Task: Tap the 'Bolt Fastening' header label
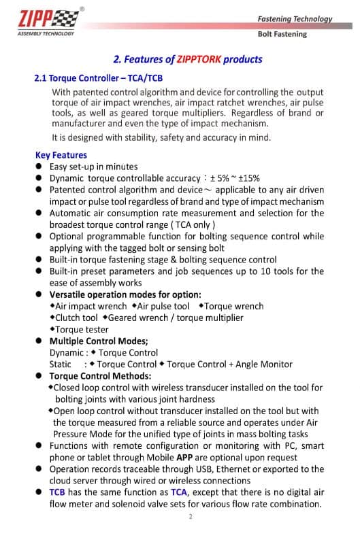[x=282, y=34]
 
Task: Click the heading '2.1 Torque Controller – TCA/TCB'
[x=98, y=78]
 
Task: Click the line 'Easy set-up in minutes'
[x=93, y=167]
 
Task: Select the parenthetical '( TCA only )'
[x=193, y=224]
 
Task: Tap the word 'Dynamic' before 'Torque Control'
[x=65, y=353]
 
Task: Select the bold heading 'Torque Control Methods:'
[x=100, y=376]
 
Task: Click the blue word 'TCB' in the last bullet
[x=58, y=492]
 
